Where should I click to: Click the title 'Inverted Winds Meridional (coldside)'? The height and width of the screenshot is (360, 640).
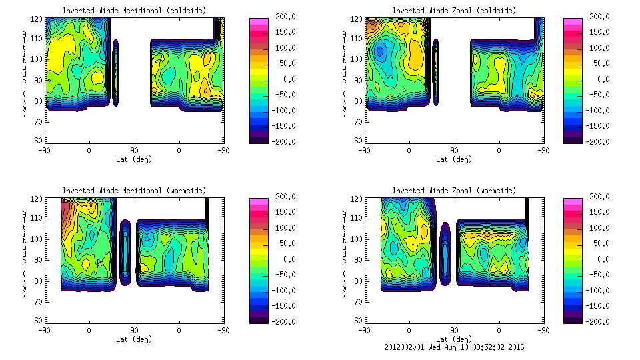[x=134, y=11]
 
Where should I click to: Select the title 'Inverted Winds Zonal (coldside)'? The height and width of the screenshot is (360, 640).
[x=454, y=11]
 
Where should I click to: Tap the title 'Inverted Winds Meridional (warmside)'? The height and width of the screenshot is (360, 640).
[x=134, y=191]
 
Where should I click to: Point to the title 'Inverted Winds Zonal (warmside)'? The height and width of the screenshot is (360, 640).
[x=454, y=191]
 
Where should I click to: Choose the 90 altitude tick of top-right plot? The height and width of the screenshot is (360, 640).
[x=358, y=80]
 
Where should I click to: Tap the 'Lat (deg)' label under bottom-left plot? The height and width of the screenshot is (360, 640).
[x=134, y=339]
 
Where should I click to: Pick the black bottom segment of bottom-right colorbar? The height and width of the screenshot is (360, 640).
[x=572, y=319]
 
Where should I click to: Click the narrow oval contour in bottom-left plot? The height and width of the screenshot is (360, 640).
[x=125, y=253]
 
